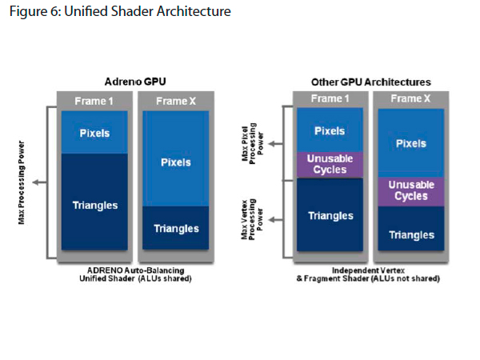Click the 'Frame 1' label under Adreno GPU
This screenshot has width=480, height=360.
94,101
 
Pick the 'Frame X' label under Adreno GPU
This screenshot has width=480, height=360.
175,101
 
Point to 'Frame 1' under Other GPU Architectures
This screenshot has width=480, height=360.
330,99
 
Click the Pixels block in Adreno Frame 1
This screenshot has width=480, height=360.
94,132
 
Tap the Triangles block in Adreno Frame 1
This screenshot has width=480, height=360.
94,205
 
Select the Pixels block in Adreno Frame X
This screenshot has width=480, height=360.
175,162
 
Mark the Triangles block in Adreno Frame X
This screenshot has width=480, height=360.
175,229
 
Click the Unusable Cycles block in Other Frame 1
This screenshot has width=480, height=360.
330,164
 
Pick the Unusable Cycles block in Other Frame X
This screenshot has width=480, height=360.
411,190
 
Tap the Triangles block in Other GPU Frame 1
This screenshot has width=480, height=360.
330,215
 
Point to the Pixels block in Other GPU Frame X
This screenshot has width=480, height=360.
411,144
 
